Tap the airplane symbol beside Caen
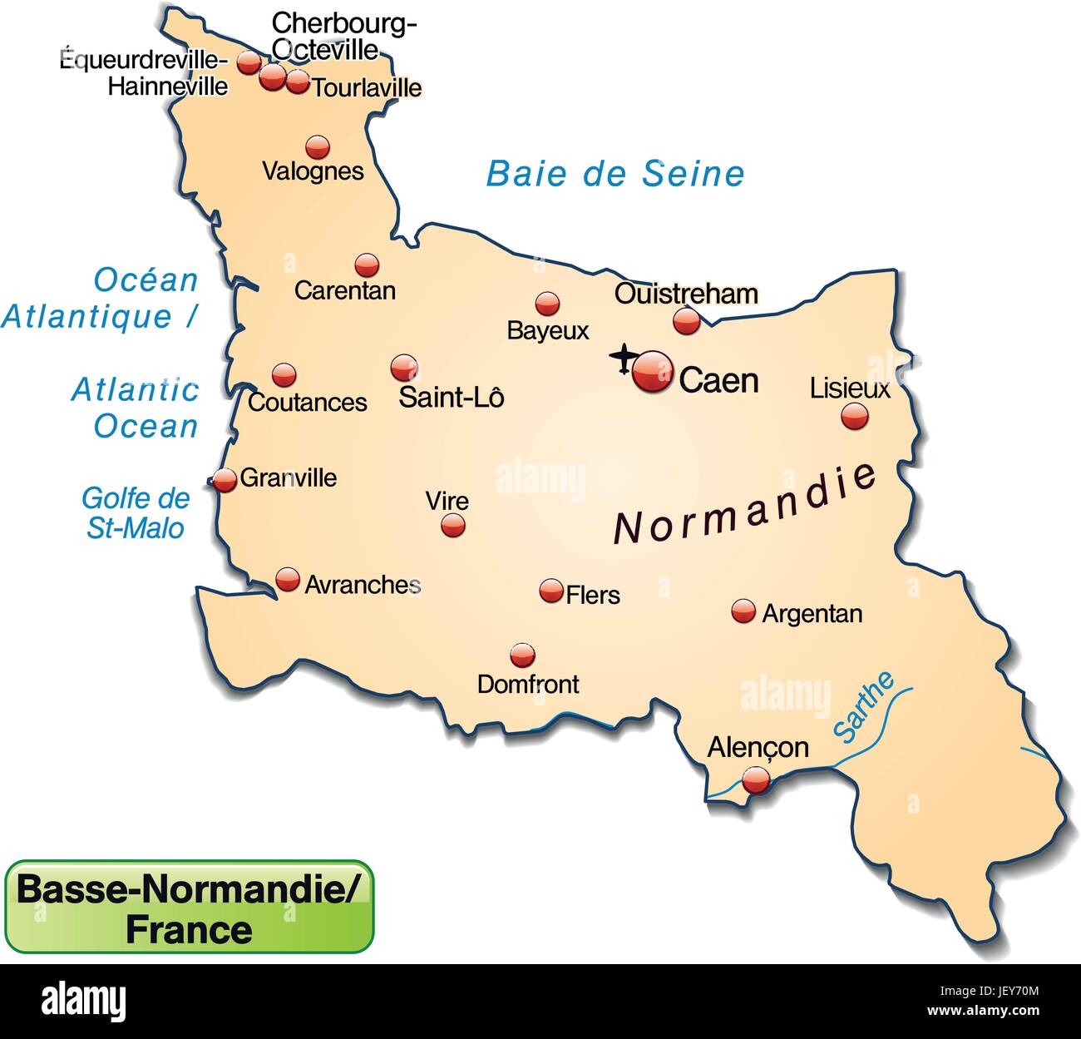624,359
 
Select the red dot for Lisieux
854,416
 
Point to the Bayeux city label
548,331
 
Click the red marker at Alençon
756,780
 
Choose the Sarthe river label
865,707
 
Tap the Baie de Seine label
615,174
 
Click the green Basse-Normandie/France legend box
190,906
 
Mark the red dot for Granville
225,480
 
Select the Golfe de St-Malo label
136,512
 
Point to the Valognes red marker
317,147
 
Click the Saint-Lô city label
452,397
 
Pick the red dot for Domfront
522,656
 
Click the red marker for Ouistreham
686,320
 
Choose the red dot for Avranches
288,579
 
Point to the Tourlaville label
367,87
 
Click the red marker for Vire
453,525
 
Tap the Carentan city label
345,290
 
